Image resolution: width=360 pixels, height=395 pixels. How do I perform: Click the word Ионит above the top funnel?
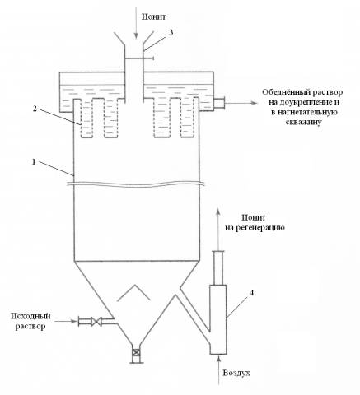point(154,16)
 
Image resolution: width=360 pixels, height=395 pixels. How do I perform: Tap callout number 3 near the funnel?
point(171,32)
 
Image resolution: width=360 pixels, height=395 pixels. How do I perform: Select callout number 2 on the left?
point(35,109)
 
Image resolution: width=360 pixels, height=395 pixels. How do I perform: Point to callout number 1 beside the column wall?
point(34,162)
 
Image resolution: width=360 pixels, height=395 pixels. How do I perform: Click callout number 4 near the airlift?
point(251,293)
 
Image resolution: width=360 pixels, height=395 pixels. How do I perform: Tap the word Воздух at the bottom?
point(236,374)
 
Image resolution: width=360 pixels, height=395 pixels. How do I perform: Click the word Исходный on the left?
point(30,316)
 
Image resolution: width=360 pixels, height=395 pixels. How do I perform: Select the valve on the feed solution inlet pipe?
point(96,321)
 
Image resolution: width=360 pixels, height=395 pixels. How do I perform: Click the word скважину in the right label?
point(303,123)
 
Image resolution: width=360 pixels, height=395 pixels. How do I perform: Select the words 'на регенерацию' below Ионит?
point(255,228)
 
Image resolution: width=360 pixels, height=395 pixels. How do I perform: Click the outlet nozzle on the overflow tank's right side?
point(219,104)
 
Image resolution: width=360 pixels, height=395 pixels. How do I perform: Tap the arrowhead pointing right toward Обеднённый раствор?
point(255,103)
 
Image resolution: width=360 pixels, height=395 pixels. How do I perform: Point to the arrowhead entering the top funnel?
point(136,35)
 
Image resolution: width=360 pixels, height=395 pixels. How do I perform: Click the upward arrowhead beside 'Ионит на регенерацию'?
point(218,211)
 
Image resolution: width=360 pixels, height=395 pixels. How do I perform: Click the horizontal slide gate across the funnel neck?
point(139,58)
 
